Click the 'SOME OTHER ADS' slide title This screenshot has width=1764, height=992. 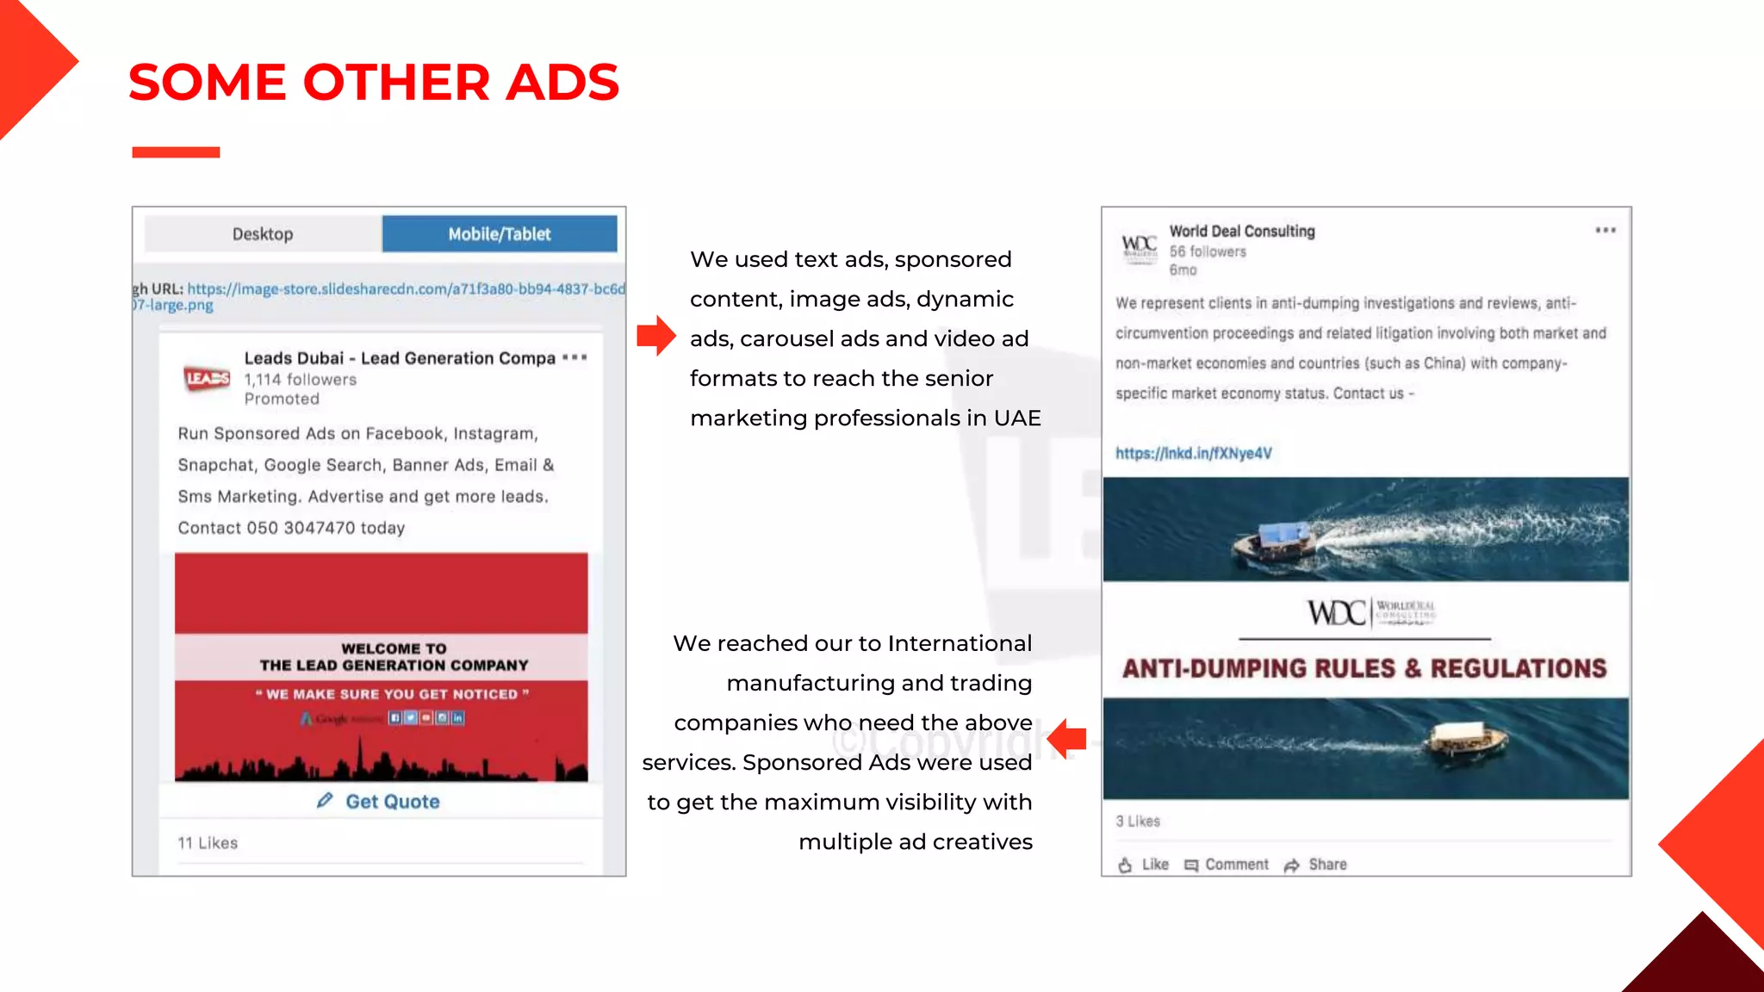point(373,83)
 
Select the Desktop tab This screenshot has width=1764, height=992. point(263,234)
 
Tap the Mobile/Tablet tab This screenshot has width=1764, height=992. point(500,234)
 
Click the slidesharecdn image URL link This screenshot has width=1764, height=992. point(406,289)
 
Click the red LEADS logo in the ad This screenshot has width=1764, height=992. point(208,378)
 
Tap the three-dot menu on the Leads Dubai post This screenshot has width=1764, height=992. point(575,357)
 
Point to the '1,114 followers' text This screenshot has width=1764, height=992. point(300,380)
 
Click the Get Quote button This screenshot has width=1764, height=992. point(379,802)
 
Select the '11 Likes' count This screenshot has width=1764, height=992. point(208,843)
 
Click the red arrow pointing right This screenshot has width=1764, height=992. point(656,336)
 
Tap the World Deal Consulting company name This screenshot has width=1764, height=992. point(1241,232)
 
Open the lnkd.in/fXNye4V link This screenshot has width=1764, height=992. point(1193,454)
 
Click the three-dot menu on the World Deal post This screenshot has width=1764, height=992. point(1605,231)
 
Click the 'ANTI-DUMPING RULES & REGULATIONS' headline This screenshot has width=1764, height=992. point(1364,669)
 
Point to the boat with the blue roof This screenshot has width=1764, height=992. point(1276,542)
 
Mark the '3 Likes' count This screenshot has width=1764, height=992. point(1138,821)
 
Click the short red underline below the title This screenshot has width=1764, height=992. point(176,152)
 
